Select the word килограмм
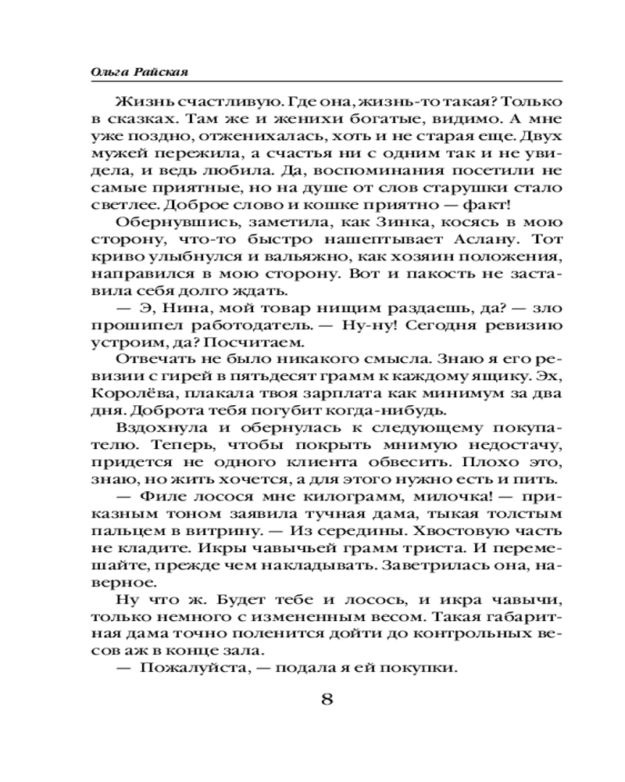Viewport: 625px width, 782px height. click(x=345, y=497)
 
